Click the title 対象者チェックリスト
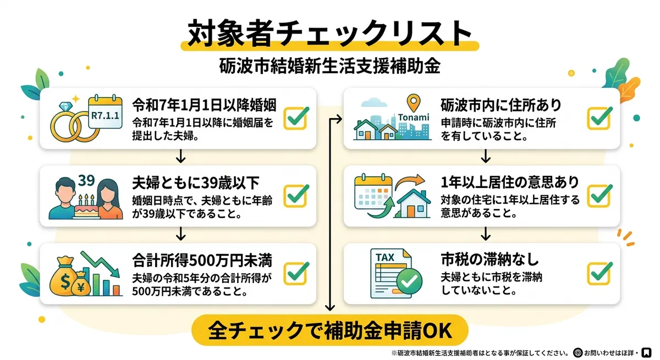pos(329,33)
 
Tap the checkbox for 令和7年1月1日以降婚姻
pos(296,118)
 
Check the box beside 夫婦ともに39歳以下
pos(296,196)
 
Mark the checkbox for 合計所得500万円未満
pos(296,273)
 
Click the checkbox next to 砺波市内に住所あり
pos(599,118)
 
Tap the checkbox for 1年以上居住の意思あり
pos(599,196)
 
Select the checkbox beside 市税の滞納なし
pos(599,273)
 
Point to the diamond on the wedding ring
pos(65,106)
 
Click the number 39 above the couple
pos(86,180)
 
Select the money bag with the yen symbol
pos(80,284)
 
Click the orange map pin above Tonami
pos(414,103)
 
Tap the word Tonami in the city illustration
pos(414,118)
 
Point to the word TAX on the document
pos(385,258)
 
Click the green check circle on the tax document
pos(409,281)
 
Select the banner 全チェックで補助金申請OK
pos(329,330)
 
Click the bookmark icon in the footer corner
pos(647,352)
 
